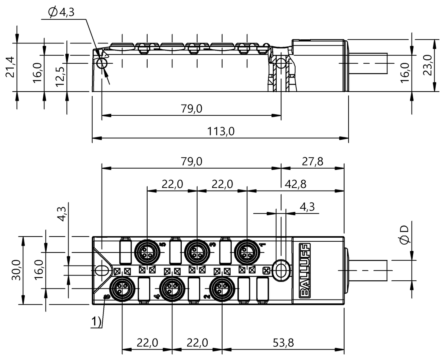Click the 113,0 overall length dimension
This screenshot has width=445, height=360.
click(x=221, y=132)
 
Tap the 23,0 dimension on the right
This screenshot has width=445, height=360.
click(x=428, y=65)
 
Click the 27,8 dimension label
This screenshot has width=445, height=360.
click(x=312, y=162)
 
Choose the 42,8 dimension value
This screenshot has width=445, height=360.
click(x=296, y=184)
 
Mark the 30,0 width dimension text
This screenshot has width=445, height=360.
click(x=16, y=270)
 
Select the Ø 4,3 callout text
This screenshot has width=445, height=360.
click(x=62, y=13)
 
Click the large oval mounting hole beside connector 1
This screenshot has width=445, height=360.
click(x=281, y=270)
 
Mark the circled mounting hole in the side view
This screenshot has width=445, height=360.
click(x=102, y=64)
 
